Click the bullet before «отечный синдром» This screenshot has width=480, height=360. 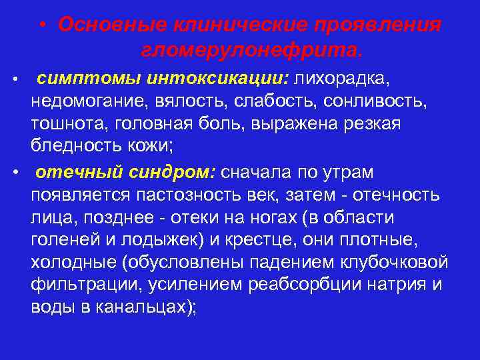(15, 173)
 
